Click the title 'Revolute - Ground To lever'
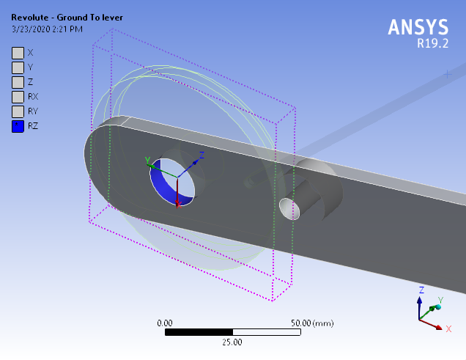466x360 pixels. (x=61, y=17)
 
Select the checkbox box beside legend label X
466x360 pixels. (x=18, y=53)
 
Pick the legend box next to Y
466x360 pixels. (x=18, y=67)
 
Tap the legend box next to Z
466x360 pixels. (x=18, y=82)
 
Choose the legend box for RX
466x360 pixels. (x=18, y=97)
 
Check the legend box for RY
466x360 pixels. (x=18, y=111)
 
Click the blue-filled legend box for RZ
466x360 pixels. (x=18, y=126)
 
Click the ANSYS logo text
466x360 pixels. (x=418, y=27)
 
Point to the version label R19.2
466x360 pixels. (x=432, y=43)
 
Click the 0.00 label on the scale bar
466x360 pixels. (x=166, y=323)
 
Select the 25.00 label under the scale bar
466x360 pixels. (x=232, y=342)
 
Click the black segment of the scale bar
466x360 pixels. (x=199, y=332)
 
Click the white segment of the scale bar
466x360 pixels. (x=266, y=332)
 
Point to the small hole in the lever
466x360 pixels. (x=289, y=209)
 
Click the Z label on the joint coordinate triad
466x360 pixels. (x=201, y=155)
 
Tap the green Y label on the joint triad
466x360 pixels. (x=147, y=160)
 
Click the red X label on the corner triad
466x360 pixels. (x=448, y=329)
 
